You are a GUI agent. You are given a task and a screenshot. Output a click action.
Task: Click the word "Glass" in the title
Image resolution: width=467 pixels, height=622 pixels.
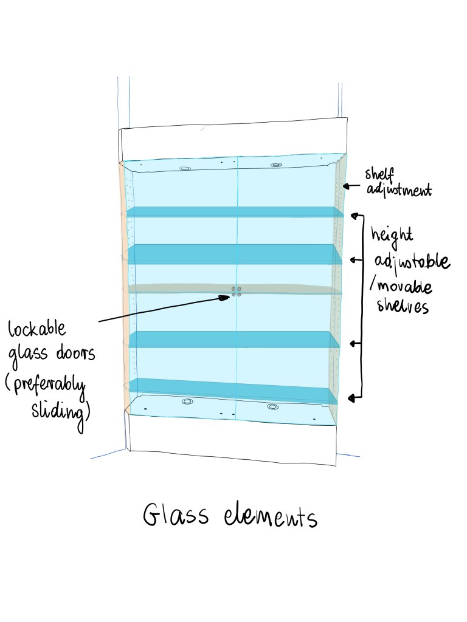[x=176, y=515]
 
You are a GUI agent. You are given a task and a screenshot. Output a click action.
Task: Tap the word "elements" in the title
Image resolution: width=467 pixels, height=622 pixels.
[x=271, y=516]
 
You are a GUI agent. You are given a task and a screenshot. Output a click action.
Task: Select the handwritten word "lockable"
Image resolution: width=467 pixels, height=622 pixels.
[x=37, y=329]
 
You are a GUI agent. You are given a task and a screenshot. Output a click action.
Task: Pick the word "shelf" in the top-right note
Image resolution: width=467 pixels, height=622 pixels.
[x=379, y=174]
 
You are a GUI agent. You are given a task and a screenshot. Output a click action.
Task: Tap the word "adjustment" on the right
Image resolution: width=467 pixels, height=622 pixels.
[x=399, y=190]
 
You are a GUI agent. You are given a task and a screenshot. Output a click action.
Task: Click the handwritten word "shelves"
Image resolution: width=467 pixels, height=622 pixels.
[x=403, y=306]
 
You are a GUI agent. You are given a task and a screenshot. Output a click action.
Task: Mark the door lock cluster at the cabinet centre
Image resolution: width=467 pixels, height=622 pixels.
[x=237, y=292]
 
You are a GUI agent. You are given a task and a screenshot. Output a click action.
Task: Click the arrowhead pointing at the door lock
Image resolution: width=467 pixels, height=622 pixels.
[x=225, y=298]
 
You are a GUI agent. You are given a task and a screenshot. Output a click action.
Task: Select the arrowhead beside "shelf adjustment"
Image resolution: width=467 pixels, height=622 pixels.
[x=345, y=186]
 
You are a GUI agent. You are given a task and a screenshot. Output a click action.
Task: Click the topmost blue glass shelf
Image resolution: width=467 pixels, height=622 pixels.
[x=235, y=212]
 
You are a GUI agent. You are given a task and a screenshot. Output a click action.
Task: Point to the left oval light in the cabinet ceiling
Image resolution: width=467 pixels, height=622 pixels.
[x=185, y=169]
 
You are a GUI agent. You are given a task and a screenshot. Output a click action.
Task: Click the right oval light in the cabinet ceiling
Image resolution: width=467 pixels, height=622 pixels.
[x=275, y=165]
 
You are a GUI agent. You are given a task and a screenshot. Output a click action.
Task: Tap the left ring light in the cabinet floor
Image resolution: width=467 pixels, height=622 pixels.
[x=187, y=402]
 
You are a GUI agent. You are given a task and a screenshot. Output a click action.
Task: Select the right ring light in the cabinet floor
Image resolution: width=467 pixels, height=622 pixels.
[x=273, y=406]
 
